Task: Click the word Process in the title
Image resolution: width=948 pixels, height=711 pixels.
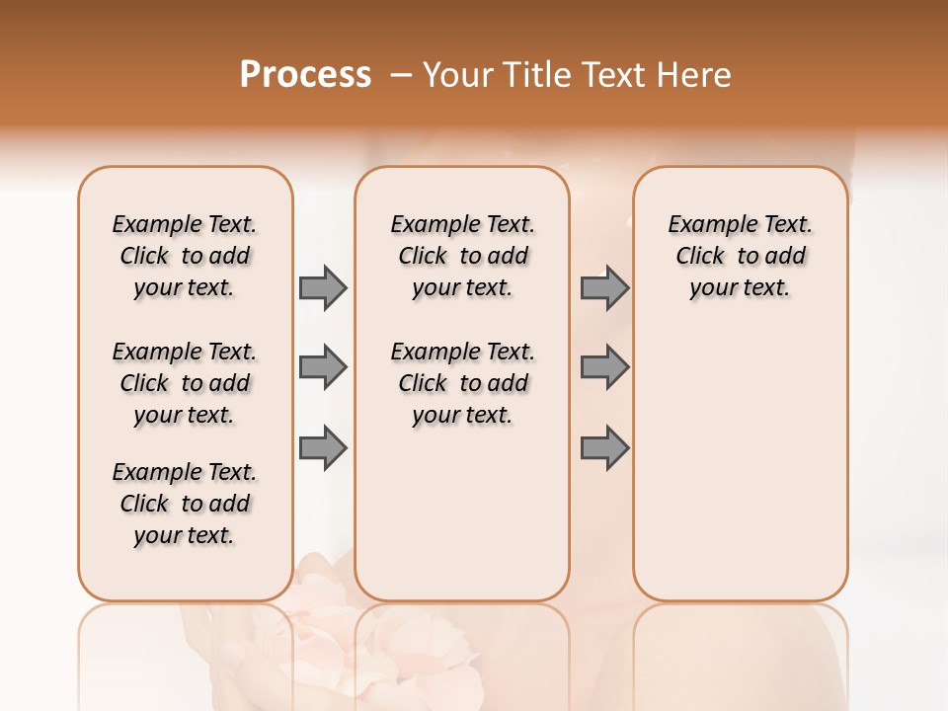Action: [305, 75]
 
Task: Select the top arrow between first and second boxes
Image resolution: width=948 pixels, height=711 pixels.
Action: [323, 287]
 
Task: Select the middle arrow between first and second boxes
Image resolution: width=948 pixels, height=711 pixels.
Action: [323, 367]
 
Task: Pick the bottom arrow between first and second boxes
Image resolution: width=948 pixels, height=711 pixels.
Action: [323, 448]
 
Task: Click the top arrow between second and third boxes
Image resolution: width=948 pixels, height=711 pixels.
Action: [604, 287]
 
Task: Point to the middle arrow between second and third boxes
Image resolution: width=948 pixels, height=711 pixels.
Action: [604, 367]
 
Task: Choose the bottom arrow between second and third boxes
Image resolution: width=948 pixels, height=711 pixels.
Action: [604, 448]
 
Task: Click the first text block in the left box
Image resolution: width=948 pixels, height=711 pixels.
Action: [185, 256]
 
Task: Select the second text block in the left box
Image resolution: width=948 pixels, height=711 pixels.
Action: [185, 383]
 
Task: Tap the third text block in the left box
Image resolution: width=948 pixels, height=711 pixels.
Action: [185, 504]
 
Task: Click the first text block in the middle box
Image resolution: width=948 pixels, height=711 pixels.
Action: [462, 256]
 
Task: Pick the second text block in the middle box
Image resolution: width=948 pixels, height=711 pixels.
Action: [462, 383]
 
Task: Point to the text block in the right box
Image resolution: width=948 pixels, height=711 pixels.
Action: [741, 256]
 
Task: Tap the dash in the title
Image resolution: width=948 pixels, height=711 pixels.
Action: [402, 75]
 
